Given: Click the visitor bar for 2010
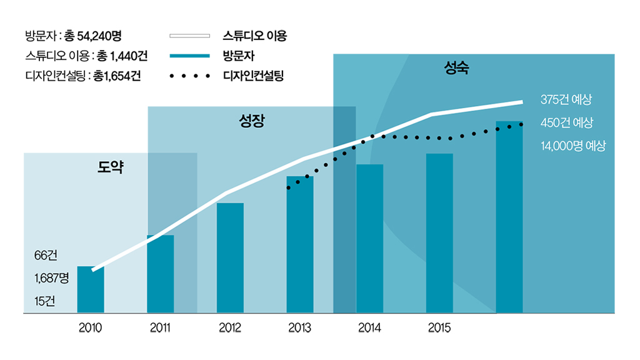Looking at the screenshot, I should pyautogui.click(x=91, y=289).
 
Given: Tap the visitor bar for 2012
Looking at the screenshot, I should pyautogui.click(x=230, y=257).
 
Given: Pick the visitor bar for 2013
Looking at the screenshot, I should pyautogui.click(x=300, y=244).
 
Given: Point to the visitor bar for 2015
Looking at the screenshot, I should pyautogui.click(x=439, y=232).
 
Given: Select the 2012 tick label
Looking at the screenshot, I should pyautogui.click(x=230, y=327).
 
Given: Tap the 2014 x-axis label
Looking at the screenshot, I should pyautogui.click(x=369, y=327).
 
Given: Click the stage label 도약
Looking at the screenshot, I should pyautogui.click(x=111, y=167).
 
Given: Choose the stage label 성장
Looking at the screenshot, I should pyautogui.click(x=252, y=121).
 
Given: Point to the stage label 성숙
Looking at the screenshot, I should pyautogui.click(x=456, y=68).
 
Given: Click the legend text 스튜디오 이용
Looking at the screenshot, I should pyautogui.click(x=254, y=36).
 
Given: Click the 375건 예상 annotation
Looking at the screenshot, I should pyautogui.click(x=566, y=100).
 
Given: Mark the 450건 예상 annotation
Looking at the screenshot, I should pyautogui.click(x=566, y=122).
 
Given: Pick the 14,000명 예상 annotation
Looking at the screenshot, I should pyautogui.click(x=572, y=146).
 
